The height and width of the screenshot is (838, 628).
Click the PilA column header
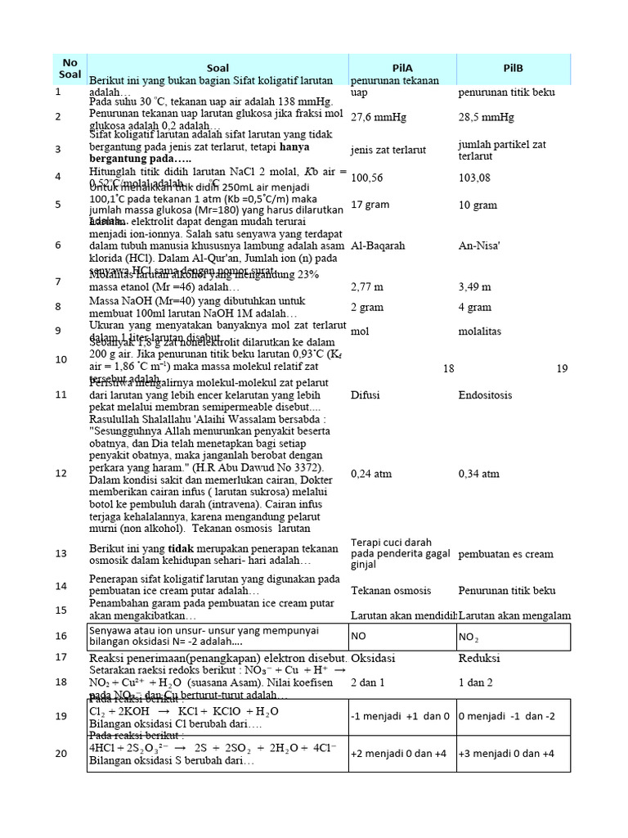click(x=402, y=68)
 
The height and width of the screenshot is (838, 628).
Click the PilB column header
click(x=513, y=68)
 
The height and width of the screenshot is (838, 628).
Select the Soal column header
click(x=218, y=68)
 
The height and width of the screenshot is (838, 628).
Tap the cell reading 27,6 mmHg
click(x=378, y=117)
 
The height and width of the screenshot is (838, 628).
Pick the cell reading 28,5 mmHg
click(x=487, y=117)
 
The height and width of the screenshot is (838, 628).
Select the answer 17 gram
click(x=370, y=205)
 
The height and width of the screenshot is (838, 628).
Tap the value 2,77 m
click(x=368, y=286)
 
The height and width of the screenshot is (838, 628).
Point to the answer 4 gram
click(x=475, y=308)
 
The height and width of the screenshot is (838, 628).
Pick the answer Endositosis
click(x=486, y=395)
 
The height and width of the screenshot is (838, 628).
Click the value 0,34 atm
click(x=479, y=473)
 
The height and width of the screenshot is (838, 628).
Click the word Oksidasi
click(x=374, y=658)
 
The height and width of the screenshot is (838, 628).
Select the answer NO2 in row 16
click(x=469, y=636)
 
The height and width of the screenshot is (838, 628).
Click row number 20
click(x=59, y=753)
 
